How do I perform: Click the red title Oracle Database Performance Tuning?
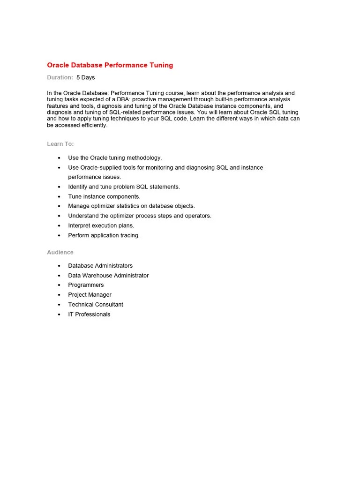click(x=110, y=65)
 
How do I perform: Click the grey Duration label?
click(x=60, y=77)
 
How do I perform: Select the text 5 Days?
click(x=85, y=77)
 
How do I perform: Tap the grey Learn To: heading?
click(x=60, y=144)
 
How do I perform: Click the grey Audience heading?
click(x=60, y=252)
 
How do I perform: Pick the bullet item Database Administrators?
click(x=100, y=266)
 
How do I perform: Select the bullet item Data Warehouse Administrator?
click(x=108, y=276)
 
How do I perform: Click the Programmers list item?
click(x=86, y=285)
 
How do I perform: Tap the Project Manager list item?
click(x=90, y=295)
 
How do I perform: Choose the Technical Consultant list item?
click(x=96, y=305)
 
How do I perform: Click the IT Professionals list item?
click(x=89, y=315)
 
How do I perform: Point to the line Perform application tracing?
click(x=104, y=235)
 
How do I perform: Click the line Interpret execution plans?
click(x=101, y=225)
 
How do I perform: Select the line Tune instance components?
click(x=104, y=196)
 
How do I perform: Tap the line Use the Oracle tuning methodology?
click(x=115, y=158)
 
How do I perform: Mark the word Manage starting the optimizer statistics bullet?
click(x=78, y=206)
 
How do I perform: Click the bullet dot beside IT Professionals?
click(x=59, y=315)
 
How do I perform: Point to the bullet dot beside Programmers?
click(x=59, y=285)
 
